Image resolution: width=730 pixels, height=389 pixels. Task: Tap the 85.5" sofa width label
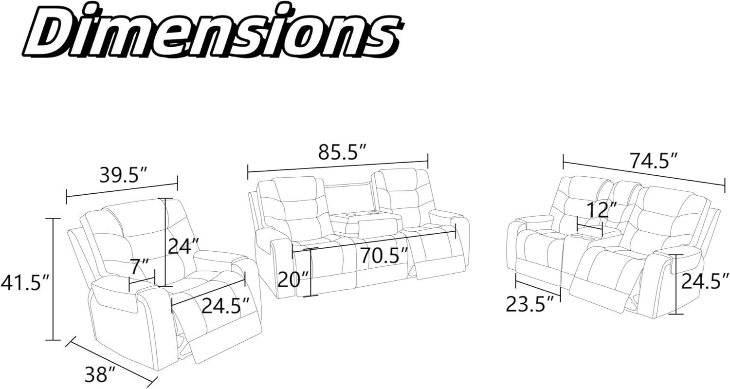[343, 151]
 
